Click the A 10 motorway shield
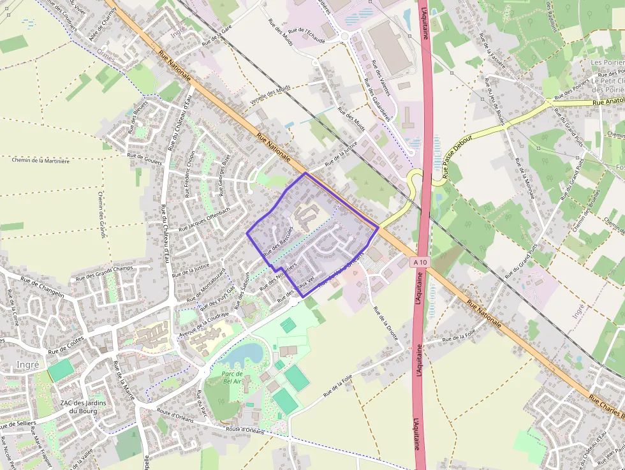tap(419, 262)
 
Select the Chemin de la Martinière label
tap(41, 161)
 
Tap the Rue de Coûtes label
tap(66, 349)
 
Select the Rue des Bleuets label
tap(136, 117)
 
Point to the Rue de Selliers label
tap(18, 423)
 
